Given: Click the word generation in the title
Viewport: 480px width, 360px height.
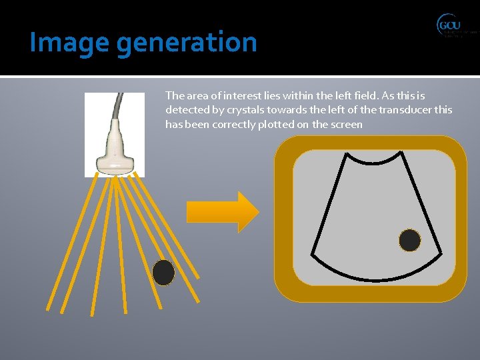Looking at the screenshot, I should point(186,43).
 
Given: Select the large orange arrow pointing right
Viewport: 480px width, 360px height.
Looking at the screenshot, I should point(238,212).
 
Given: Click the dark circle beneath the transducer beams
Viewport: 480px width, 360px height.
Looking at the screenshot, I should point(163,273).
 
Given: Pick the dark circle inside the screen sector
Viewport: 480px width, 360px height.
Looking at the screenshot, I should point(409,240).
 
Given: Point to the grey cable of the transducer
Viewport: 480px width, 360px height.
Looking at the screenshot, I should point(120,110).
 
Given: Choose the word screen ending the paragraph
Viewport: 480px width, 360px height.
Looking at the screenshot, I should point(345,125).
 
